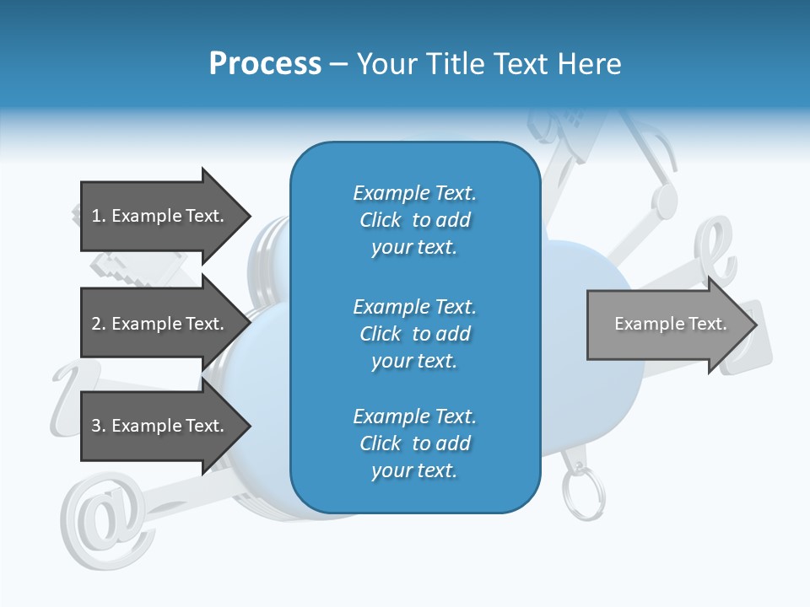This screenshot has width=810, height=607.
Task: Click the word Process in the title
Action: pyautogui.click(x=265, y=63)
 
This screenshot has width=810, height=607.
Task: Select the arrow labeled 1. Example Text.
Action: pyautogui.click(x=160, y=216)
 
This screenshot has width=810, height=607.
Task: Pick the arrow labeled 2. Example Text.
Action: pyautogui.click(x=160, y=324)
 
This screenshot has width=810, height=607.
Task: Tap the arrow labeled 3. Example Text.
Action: pyautogui.click(x=160, y=426)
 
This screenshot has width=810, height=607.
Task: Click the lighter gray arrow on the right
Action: pyautogui.click(x=667, y=324)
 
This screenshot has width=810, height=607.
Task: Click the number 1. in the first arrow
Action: pyautogui.click(x=99, y=216)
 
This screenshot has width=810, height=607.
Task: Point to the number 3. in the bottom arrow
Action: pyautogui.click(x=99, y=426)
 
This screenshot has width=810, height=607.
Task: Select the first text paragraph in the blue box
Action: pyautogui.click(x=414, y=220)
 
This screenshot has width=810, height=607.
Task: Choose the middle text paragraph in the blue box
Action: pyautogui.click(x=414, y=334)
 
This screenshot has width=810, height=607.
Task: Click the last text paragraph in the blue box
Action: pyautogui.click(x=414, y=443)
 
